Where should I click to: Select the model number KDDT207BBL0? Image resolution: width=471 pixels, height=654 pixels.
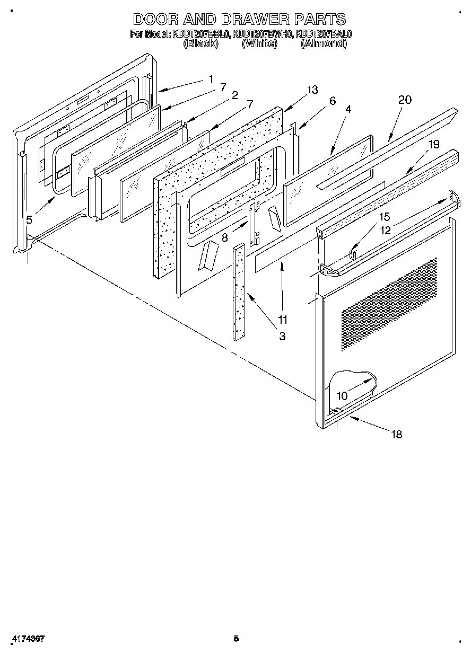pos(200,34)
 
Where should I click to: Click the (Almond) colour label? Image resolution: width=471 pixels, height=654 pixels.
pos(324,44)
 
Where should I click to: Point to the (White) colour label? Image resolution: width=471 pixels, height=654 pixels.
pos(259,44)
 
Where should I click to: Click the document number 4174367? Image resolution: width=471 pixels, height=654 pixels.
pos(27,639)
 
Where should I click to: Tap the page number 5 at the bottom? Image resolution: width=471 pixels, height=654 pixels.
pos(236,639)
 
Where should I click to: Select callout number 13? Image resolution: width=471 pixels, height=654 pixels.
pos(312,90)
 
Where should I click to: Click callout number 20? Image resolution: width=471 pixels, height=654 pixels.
pos(405,100)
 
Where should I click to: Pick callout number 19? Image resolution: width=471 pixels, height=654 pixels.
pos(434,144)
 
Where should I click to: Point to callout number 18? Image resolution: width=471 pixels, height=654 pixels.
pos(396,435)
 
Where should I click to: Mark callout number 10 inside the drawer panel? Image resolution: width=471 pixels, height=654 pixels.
pos(342,396)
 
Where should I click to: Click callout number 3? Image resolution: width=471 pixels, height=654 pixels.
pos(282,335)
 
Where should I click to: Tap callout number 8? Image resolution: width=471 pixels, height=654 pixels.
pos(225,238)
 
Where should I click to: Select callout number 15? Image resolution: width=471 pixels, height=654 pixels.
pos(384,216)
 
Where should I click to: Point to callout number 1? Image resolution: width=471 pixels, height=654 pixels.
pos(211,79)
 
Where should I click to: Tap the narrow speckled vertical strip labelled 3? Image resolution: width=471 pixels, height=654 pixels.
pos(239,291)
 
